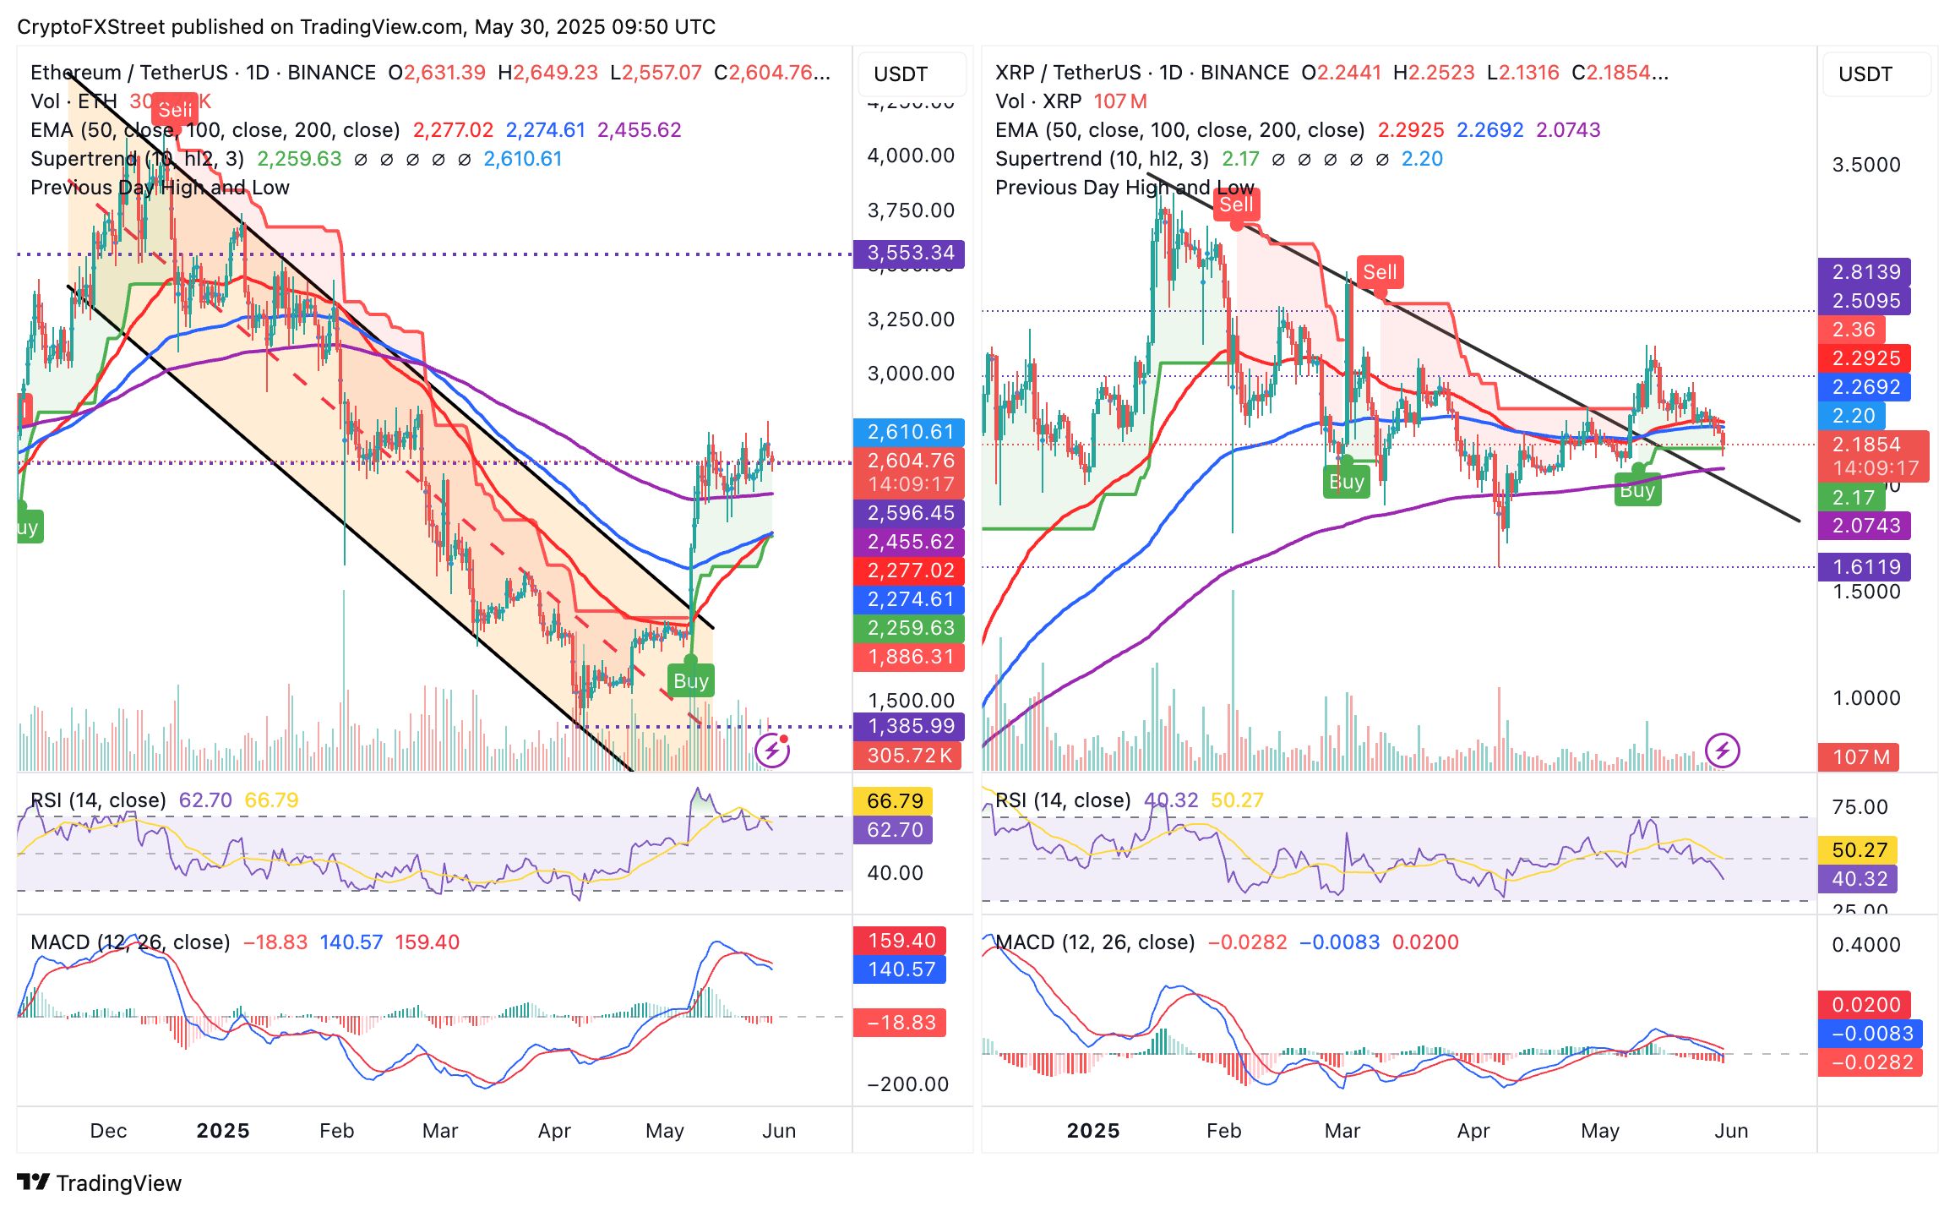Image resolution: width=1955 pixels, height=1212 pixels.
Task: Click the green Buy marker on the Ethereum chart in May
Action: [691, 680]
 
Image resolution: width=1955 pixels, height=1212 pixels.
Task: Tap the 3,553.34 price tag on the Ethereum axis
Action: [910, 253]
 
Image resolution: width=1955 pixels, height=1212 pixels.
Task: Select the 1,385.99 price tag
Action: [910, 726]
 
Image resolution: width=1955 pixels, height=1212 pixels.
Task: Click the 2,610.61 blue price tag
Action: [910, 432]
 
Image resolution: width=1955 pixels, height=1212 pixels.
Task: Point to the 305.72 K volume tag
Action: [909, 756]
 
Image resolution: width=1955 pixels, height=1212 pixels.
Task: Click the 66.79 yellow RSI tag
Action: [895, 801]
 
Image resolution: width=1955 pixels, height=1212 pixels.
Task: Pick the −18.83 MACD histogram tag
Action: [901, 1023]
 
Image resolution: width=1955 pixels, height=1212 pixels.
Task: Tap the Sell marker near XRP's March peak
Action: [1380, 272]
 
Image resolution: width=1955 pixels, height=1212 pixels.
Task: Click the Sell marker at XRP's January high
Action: [1236, 205]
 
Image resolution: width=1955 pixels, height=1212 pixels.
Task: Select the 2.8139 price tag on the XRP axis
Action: [1865, 272]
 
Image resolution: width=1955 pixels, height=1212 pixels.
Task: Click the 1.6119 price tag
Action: [1865, 567]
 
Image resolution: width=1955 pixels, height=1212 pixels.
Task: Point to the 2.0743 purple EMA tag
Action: [1865, 526]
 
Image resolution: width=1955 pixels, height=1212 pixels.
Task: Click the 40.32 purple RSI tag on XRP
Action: [1859, 879]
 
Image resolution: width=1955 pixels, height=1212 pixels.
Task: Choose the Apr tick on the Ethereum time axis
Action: [554, 1131]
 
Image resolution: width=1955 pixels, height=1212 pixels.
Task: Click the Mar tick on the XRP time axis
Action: [1342, 1131]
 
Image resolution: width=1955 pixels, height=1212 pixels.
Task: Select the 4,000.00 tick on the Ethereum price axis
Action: [910, 156]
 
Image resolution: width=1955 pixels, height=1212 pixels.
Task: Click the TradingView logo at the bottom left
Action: [99, 1183]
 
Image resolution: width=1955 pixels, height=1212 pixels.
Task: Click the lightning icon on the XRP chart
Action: [1722, 751]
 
